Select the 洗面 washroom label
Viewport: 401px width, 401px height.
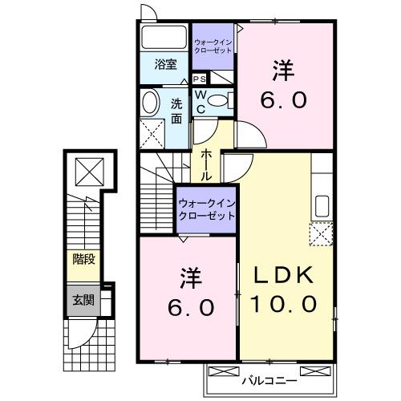tap(176, 110)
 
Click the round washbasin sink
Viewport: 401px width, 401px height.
tap(150, 101)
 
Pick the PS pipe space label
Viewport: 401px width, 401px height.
tap(199, 79)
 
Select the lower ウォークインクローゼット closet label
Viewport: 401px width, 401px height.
tap(207, 210)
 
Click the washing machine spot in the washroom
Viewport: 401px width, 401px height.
tap(151, 131)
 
